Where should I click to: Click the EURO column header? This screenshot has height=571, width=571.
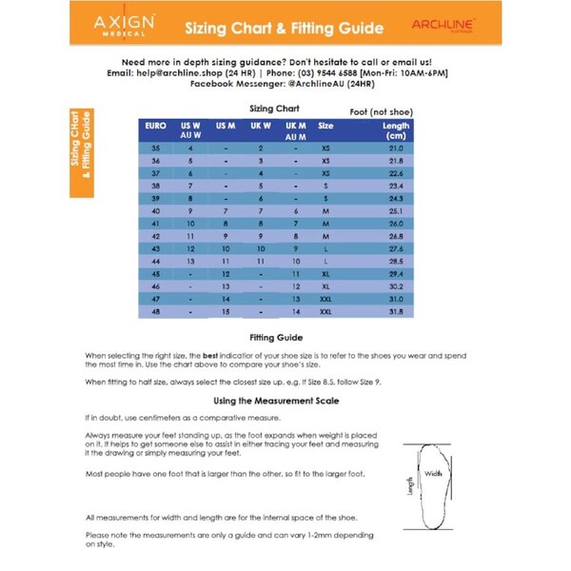pyautogui.click(x=156, y=126)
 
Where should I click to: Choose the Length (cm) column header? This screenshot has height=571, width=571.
pyautogui.click(x=396, y=130)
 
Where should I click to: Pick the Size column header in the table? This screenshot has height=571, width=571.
pyautogui.click(x=325, y=126)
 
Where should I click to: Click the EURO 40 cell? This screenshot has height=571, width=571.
pyautogui.click(x=156, y=210)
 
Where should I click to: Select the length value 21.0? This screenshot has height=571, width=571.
pyautogui.click(x=396, y=148)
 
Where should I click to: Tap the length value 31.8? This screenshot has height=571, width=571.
pyautogui.click(x=396, y=310)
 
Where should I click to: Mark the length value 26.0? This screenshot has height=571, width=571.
pyautogui.click(x=396, y=223)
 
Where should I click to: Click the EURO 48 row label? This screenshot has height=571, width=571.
pyautogui.click(x=156, y=310)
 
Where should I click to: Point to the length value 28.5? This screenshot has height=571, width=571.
pyautogui.click(x=396, y=260)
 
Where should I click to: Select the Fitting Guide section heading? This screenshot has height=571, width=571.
pyautogui.click(x=276, y=337)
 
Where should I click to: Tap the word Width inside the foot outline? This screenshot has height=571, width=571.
pyautogui.click(x=434, y=473)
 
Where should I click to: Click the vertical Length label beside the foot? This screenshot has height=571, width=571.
pyautogui.click(x=411, y=485)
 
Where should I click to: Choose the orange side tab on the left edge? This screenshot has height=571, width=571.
pyautogui.click(x=83, y=148)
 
